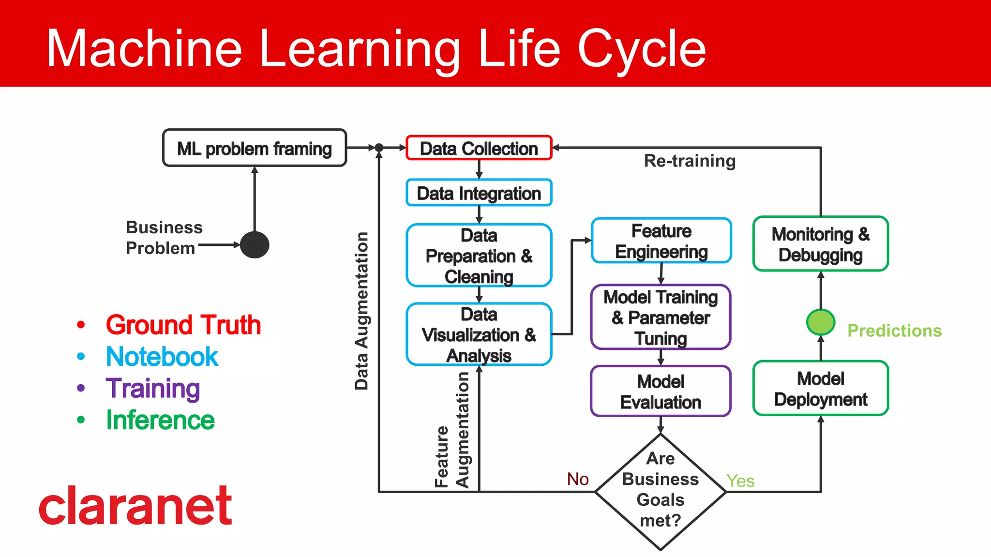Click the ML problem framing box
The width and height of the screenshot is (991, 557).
[x=255, y=148]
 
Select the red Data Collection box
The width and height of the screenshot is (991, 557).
[x=479, y=148]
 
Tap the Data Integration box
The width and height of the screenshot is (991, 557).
[x=479, y=193]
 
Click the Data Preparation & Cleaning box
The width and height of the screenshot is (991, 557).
[x=479, y=256]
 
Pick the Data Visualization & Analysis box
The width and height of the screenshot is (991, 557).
[x=479, y=334]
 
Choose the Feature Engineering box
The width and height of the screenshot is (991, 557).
[x=661, y=241]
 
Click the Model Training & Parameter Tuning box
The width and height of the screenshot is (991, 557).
[x=661, y=317]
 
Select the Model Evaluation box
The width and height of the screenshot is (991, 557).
[x=661, y=391]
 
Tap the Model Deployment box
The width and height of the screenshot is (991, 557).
[x=820, y=389]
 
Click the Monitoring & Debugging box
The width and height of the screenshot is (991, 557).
[x=820, y=244]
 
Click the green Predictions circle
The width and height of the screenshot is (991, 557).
[x=820, y=322]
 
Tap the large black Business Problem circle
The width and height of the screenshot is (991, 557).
[x=255, y=245]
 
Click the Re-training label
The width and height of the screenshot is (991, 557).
[x=689, y=161]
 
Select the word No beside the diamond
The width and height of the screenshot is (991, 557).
[x=578, y=479]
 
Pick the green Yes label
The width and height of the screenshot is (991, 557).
[x=740, y=481]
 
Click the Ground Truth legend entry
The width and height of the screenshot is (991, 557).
[x=183, y=325]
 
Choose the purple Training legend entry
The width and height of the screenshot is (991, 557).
[x=153, y=388]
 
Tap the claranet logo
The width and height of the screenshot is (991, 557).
[x=135, y=506]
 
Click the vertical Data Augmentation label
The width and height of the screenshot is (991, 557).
[x=361, y=311]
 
